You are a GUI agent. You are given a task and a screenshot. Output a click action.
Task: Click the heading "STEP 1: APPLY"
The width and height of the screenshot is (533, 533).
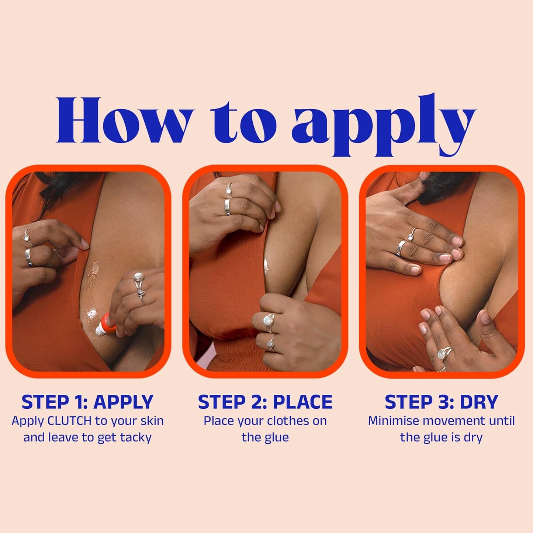click(87, 402)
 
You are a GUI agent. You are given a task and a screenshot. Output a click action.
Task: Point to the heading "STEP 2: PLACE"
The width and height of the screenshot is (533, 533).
click(265, 402)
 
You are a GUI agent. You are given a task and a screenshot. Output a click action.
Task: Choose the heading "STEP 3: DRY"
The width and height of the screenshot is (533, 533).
click(441, 402)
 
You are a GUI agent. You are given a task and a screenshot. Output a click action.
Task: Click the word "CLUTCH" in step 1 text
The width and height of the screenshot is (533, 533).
click(70, 421)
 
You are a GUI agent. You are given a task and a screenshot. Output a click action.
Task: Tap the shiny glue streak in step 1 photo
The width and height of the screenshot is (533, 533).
click(93, 284)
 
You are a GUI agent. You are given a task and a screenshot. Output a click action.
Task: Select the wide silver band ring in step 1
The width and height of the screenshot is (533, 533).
click(29, 257)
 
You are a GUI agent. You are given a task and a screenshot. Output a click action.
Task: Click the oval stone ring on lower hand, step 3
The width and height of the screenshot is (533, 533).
click(442, 354)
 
